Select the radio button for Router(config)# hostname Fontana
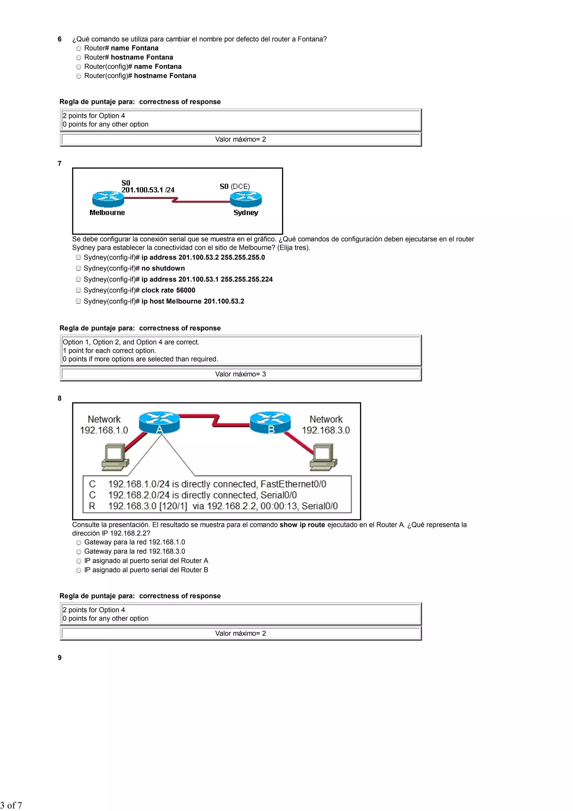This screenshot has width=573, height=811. click(x=79, y=76)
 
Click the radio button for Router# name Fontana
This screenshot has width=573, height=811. click(x=79, y=48)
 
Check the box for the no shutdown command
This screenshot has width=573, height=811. click(x=78, y=268)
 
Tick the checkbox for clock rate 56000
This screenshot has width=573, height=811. click(x=78, y=290)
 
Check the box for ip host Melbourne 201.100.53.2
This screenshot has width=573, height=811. click(x=78, y=301)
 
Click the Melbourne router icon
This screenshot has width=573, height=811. click(x=108, y=199)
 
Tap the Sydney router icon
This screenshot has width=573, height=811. click(x=246, y=199)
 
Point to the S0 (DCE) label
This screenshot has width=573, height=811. click(x=235, y=186)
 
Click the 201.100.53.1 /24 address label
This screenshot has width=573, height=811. click(x=148, y=190)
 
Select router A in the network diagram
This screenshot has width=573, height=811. click(x=159, y=422)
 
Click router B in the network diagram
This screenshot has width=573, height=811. click(x=271, y=422)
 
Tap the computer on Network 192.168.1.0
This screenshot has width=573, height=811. click(x=115, y=457)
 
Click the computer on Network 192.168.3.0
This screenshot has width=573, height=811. click(x=323, y=457)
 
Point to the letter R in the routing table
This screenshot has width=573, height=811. click(x=92, y=506)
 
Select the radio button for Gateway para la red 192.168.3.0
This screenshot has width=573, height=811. click(x=79, y=552)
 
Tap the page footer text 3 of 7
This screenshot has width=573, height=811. click(x=11, y=805)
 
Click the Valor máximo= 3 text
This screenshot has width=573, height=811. click(x=240, y=374)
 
